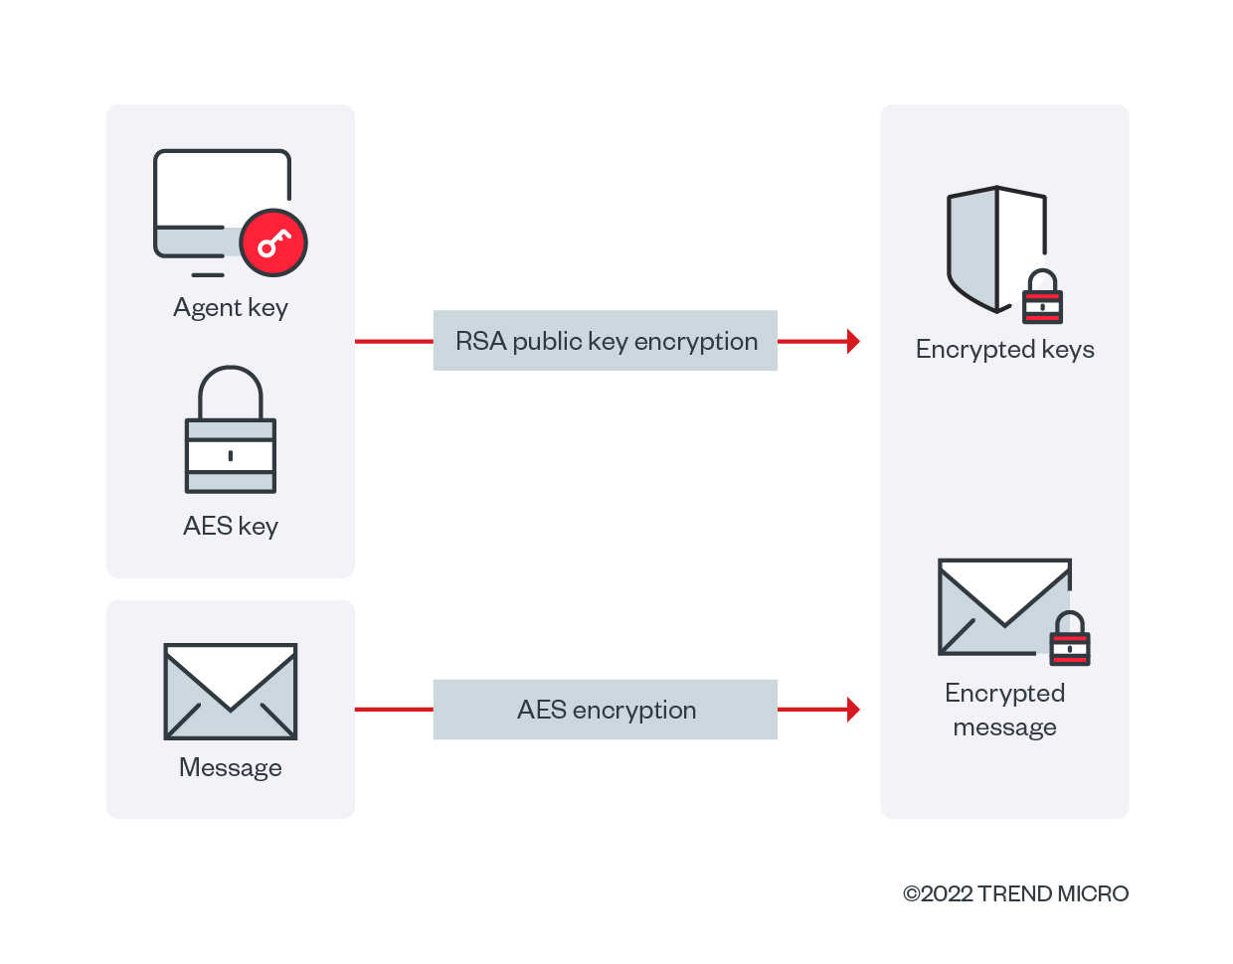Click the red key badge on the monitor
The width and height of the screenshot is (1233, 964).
pyautogui.click(x=273, y=242)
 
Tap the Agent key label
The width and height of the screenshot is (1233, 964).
pyautogui.click(x=231, y=308)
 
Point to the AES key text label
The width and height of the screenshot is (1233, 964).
pyautogui.click(x=231, y=526)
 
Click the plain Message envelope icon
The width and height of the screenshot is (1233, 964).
pyautogui.click(x=231, y=692)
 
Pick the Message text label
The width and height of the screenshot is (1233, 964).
pyautogui.click(x=231, y=767)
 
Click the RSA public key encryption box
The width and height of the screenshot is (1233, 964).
pyautogui.click(x=605, y=341)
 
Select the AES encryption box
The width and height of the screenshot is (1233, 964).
pyautogui.click(x=605, y=710)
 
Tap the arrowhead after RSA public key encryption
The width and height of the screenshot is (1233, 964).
pyautogui.click(x=852, y=341)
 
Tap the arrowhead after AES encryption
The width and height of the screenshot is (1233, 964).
pyautogui.click(x=852, y=710)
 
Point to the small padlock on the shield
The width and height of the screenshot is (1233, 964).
pyautogui.click(x=1042, y=298)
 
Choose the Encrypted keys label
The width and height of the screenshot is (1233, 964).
pyautogui.click(x=1004, y=350)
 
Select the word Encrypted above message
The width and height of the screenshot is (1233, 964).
pyautogui.click(x=1004, y=693)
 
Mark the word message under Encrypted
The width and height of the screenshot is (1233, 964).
pyautogui.click(x=1004, y=727)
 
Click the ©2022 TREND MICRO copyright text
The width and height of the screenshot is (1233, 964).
pyautogui.click(x=1015, y=893)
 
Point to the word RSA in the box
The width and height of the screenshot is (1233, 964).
pyautogui.click(x=481, y=341)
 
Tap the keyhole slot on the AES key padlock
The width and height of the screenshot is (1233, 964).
pyautogui.click(x=231, y=455)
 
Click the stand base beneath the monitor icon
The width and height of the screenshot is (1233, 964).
pyautogui.click(x=208, y=274)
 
